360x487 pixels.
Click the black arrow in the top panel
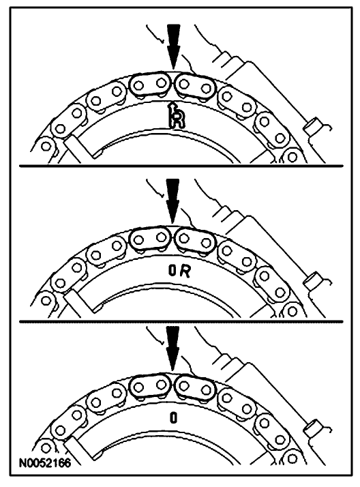[173, 46]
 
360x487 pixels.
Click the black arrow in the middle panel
[173, 201]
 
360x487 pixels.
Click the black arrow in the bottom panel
[173, 348]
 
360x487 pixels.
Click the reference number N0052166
[45, 462]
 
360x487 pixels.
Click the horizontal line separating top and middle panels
[181, 166]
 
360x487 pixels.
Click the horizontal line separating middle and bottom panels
[181, 321]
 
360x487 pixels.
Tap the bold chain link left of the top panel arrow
[150, 84]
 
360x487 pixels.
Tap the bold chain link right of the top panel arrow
[195, 86]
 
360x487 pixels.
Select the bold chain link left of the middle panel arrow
[150, 239]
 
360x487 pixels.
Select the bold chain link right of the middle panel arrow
[195, 241]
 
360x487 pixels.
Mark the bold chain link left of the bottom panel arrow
[150, 386]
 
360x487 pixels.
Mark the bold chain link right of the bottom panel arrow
[195, 388]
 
